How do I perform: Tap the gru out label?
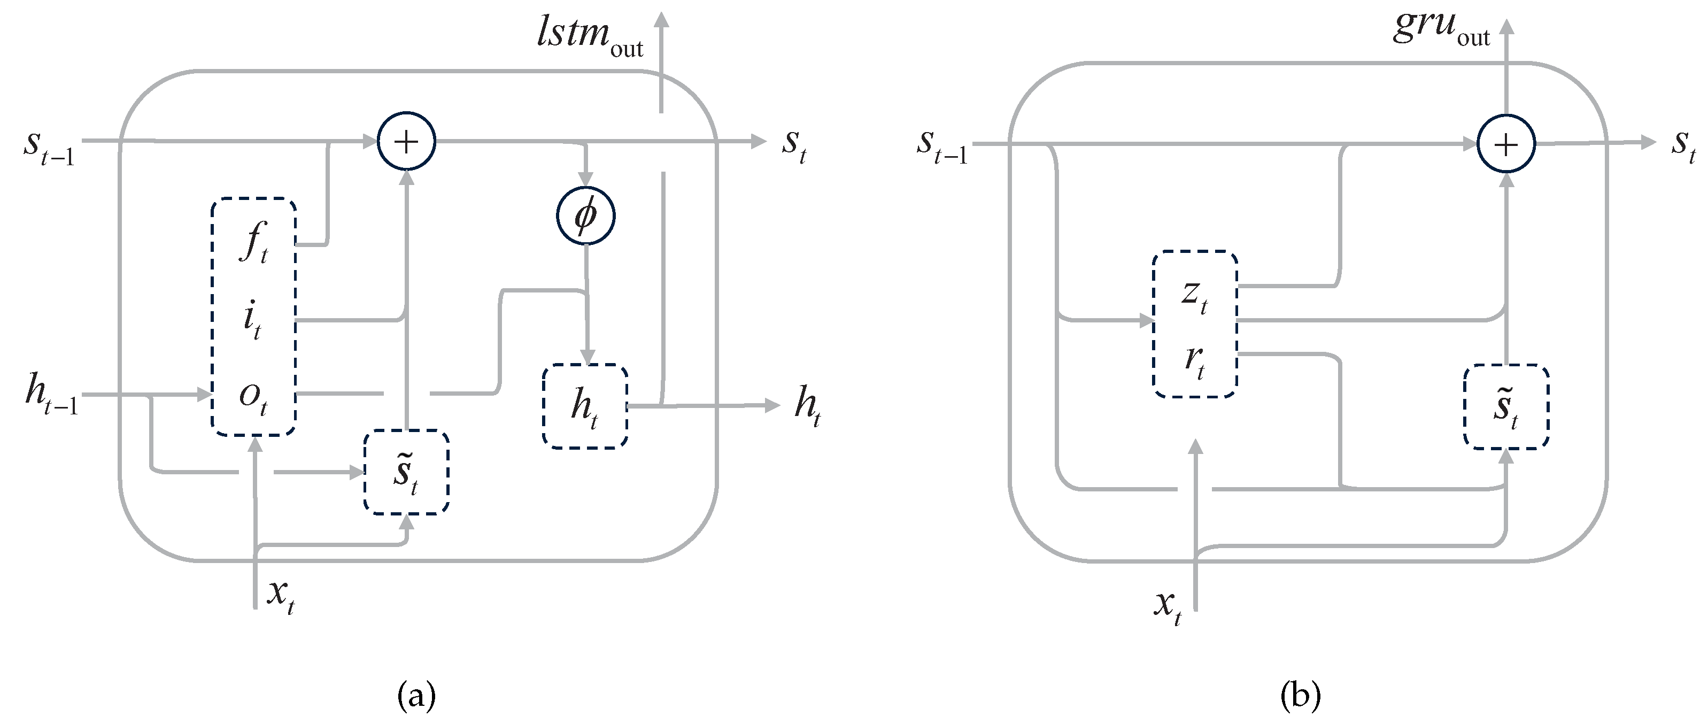click(1441, 28)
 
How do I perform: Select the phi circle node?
click(585, 215)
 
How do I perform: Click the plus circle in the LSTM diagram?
click(406, 141)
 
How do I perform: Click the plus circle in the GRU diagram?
click(1506, 144)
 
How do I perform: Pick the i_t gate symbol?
click(252, 320)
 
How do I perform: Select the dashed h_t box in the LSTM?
click(585, 406)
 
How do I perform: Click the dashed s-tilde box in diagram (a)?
click(406, 472)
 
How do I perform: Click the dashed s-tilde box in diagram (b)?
click(1506, 407)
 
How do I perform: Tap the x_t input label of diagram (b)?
click(1168, 605)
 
